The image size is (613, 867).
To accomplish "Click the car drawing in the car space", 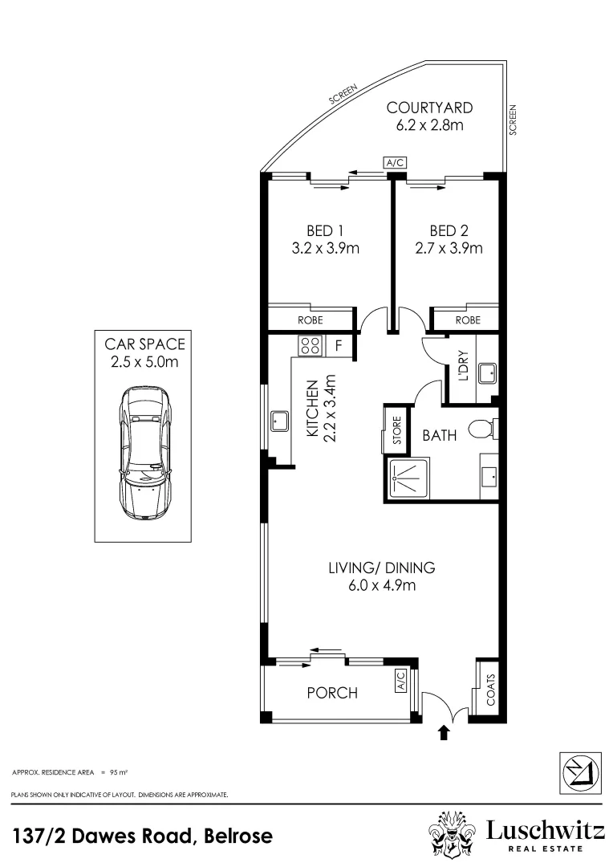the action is point(144,453).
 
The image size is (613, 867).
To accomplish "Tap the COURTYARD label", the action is point(429,108).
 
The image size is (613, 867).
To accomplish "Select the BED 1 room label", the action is point(325,230).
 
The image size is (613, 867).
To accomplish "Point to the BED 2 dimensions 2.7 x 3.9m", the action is point(449,248).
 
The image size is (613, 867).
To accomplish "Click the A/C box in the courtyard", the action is point(395,162).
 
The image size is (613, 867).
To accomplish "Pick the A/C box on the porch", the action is point(401,680).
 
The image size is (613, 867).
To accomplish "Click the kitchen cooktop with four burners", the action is point(310,346).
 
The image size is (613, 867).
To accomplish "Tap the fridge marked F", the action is point(339,346).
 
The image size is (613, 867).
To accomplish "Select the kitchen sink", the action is point(279,421).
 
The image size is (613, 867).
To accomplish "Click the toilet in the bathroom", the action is point(482,429).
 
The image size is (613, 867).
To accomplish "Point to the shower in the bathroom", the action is point(408,478).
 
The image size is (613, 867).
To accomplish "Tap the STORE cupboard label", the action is point(397,430).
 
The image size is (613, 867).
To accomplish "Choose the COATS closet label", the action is point(490,690).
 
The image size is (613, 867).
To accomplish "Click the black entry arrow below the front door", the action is point(444,733).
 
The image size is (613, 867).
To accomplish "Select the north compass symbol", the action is point(581,773).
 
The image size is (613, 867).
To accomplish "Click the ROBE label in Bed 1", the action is point(310,320).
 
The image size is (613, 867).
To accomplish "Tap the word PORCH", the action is point(332,693).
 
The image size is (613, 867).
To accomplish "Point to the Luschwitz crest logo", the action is point(453,835).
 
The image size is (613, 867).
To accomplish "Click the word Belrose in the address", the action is point(238,836).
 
